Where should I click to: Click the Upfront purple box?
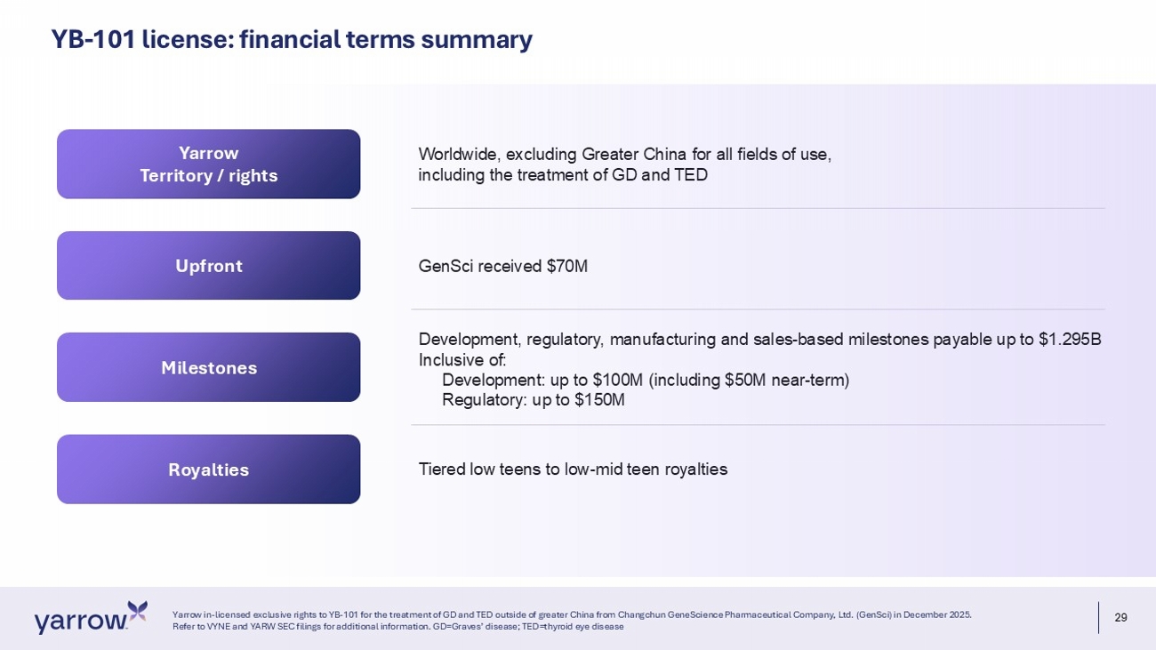tap(208, 266)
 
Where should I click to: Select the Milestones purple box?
tap(208, 367)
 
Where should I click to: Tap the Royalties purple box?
tap(208, 469)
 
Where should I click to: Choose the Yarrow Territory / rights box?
tap(208, 164)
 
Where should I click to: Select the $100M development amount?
tap(618, 381)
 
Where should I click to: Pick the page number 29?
tap(1121, 617)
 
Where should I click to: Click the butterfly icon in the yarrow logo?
tap(137, 611)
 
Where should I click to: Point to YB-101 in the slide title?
tap(92, 40)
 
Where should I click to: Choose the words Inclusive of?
tap(462, 359)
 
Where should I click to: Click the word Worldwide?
tap(460, 154)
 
